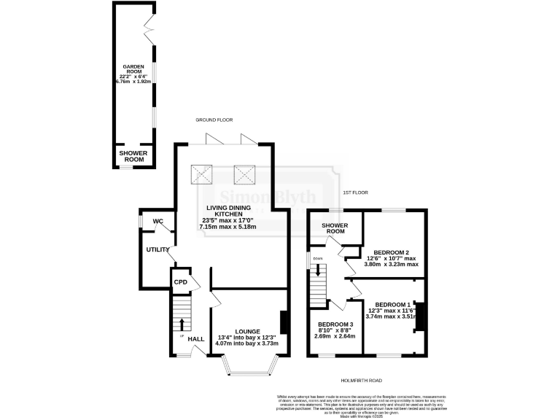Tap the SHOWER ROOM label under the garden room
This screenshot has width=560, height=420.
[133, 156]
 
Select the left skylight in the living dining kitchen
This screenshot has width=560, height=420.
[202, 174]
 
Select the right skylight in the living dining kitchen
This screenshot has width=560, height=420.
[244, 174]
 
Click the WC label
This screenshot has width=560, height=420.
[157, 222]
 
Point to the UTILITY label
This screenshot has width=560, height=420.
[158, 249]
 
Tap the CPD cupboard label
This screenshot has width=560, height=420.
[180, 281]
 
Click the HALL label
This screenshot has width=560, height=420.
[196, 339]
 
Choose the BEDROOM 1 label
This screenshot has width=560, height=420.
[394, 304]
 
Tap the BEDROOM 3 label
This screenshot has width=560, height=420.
[336, 324]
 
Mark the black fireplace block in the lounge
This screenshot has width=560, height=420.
[284, 322]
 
